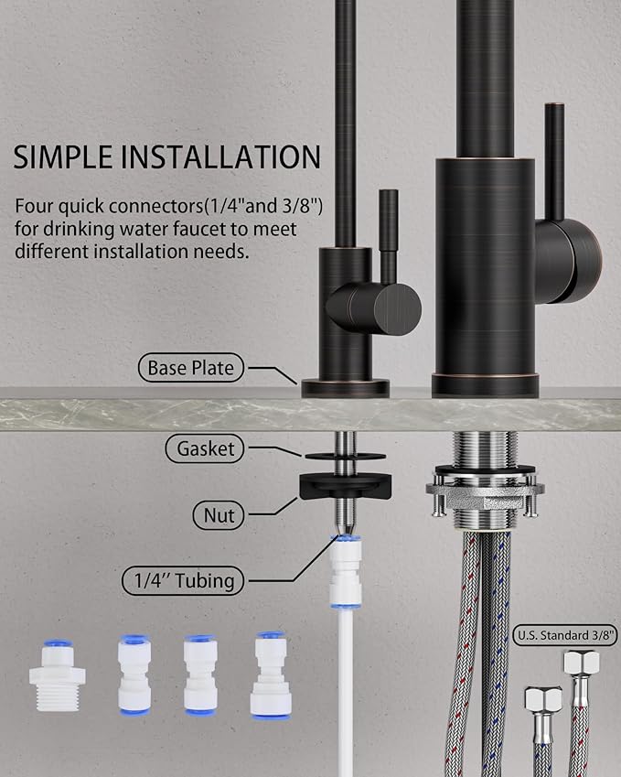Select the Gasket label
click(x=206, y=448)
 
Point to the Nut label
click(x=214, y=515)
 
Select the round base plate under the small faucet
click(x=345, y=387)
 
